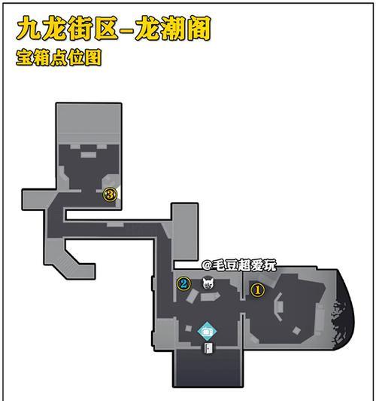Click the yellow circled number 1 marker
(257, 290)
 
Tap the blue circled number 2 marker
(184, 283)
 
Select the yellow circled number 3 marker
(110, 195)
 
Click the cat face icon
(208, 283)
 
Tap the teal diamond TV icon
(207, 332)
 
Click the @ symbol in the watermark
(207, 265)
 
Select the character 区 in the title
(106, 28)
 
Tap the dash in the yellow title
(126, 29)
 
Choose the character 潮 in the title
(173, 28)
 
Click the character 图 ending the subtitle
(92, 57)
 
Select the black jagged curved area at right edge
(343, 311)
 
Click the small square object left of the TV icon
(189, 328)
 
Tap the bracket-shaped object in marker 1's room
(278, 306)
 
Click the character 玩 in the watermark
(270, 265)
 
